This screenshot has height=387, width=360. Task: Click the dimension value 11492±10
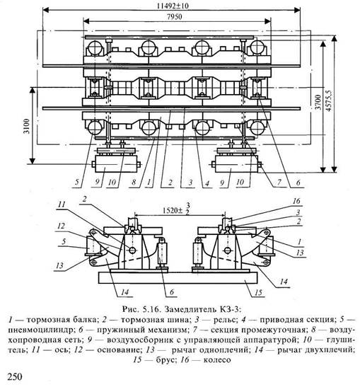point(173,5)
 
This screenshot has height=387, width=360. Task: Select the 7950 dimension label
point(175,17)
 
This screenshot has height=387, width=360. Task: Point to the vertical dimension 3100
point(27,126)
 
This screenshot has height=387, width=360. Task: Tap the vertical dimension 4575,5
point(329,100)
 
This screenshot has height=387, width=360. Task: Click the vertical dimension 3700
point(318,102)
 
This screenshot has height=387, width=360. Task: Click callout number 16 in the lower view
point(296,201)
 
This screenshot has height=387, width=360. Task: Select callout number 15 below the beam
point(258,292)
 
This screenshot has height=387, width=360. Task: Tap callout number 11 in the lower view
point(62,204)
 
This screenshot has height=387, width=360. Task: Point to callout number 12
point(62,226)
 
